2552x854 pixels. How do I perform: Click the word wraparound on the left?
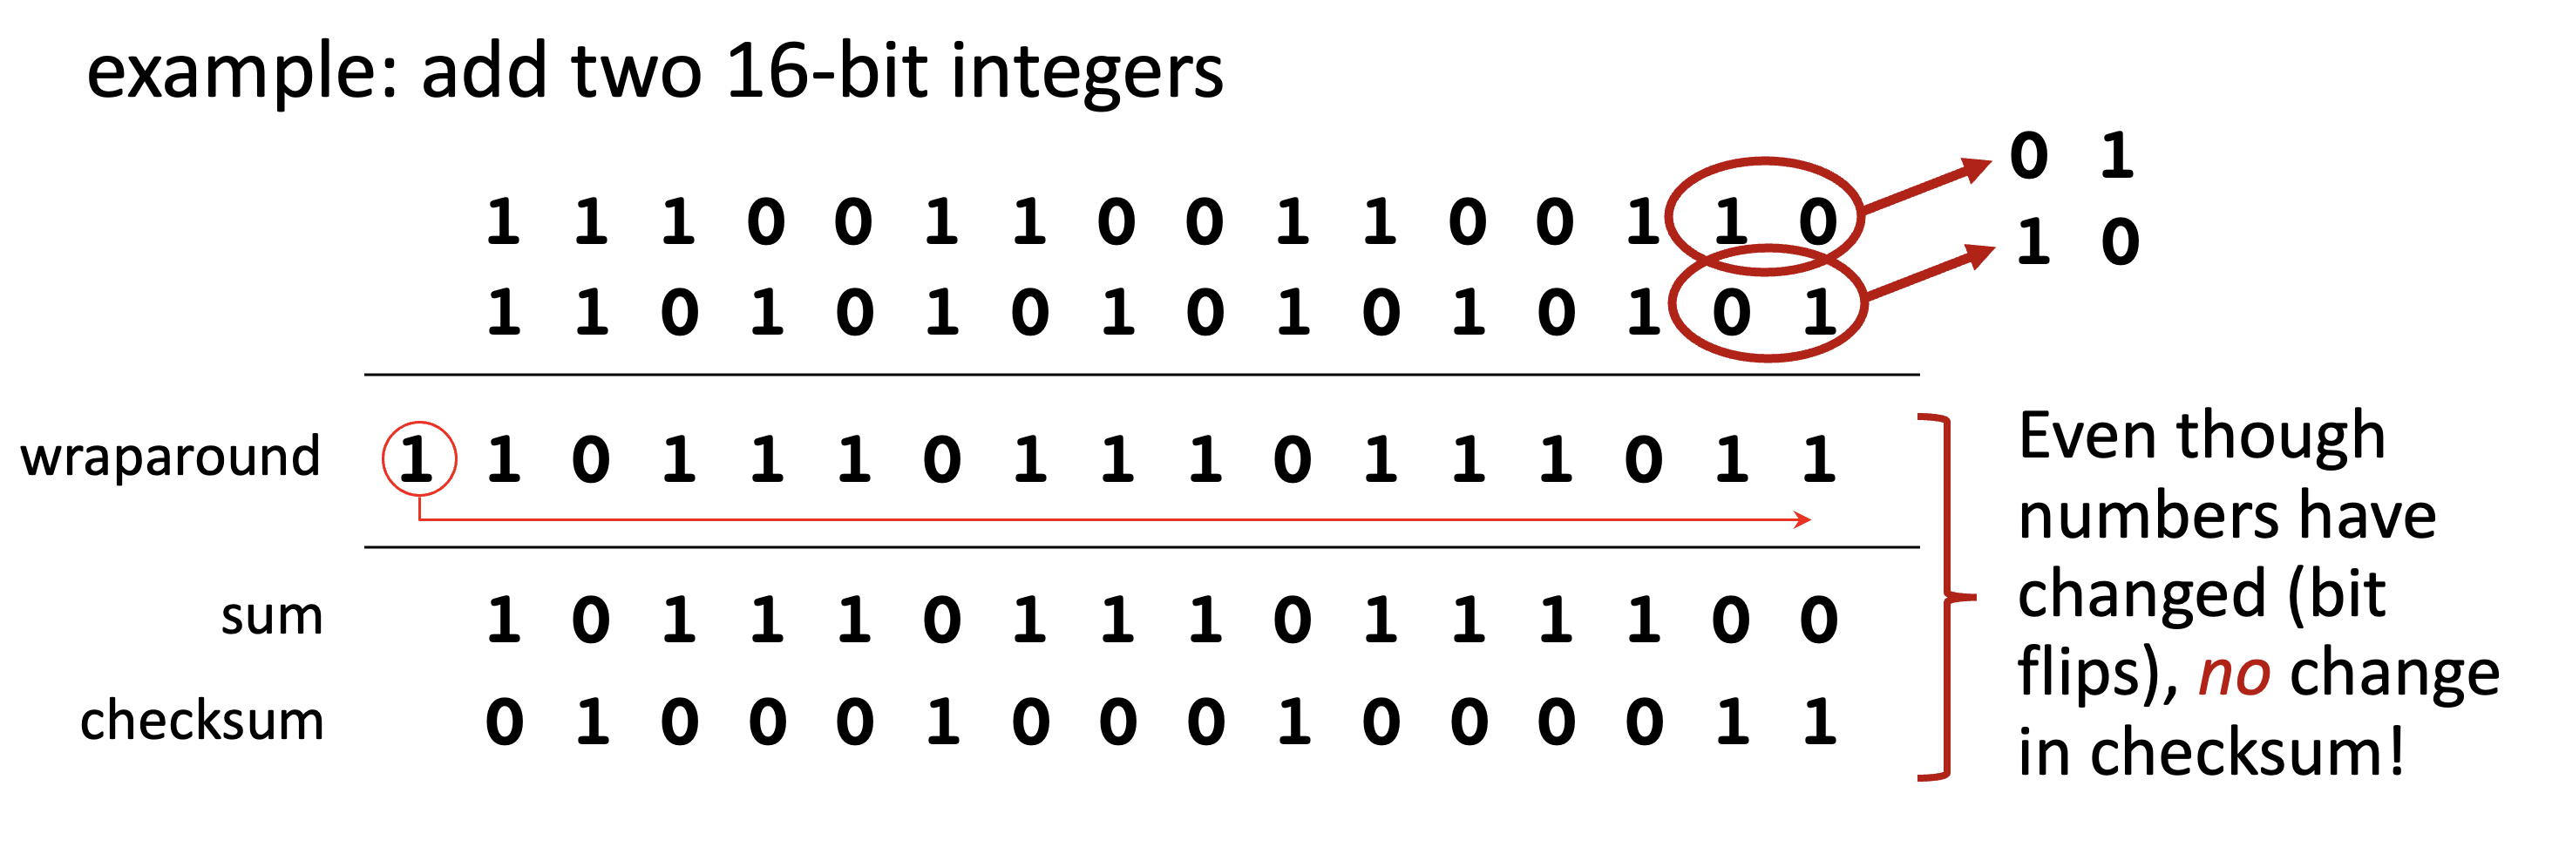pos(171,457)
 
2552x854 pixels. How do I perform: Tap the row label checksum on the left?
pos(202,722)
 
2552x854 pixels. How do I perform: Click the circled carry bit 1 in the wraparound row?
pos(418,458)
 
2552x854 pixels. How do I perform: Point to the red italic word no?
pos(2233,674)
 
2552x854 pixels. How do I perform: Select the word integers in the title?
pos(1087,75)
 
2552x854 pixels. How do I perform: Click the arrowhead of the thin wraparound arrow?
pos(1803,519)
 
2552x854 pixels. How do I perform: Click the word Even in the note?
pos(2076,436)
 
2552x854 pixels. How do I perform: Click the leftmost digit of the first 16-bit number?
pos(503,222)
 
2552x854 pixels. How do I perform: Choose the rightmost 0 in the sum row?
pos(1818,621)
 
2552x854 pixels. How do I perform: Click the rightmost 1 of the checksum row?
pos(1818,722)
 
